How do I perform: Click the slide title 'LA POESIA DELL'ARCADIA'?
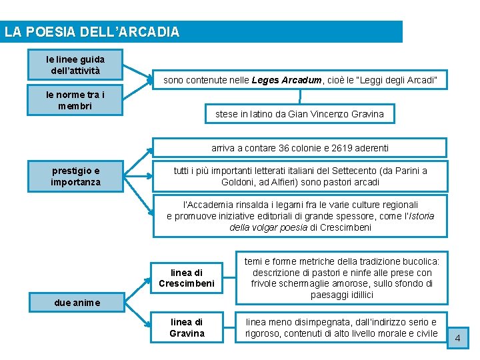tap(92, 32)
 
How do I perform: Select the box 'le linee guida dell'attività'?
tap(75, 65)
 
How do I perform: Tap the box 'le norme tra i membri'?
tap(75, 101)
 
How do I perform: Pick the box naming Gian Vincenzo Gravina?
tap(299, 114)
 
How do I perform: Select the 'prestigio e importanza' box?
tap(75, 177)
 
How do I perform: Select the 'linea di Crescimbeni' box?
tap(187, 278)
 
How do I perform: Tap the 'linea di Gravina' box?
tap(187, 327)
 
